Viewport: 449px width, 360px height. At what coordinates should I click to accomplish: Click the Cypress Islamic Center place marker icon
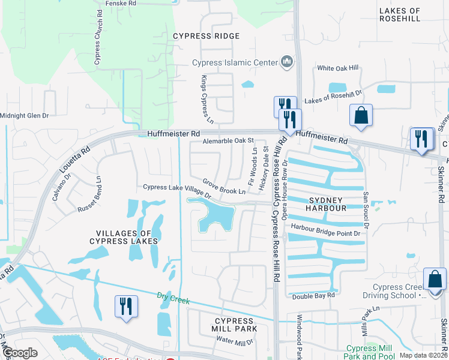click(287, 62)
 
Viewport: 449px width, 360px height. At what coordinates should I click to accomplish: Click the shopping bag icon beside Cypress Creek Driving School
click(435, 280)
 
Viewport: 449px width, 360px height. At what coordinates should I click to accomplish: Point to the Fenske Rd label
click(120, 4)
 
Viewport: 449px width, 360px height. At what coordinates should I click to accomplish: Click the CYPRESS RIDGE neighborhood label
click(206, 36)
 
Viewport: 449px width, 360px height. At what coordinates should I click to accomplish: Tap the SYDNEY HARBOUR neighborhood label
click(327, 204)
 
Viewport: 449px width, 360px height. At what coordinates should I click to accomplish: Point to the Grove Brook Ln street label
click(223, 187)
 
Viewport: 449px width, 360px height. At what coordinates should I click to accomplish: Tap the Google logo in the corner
click(20, 353)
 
